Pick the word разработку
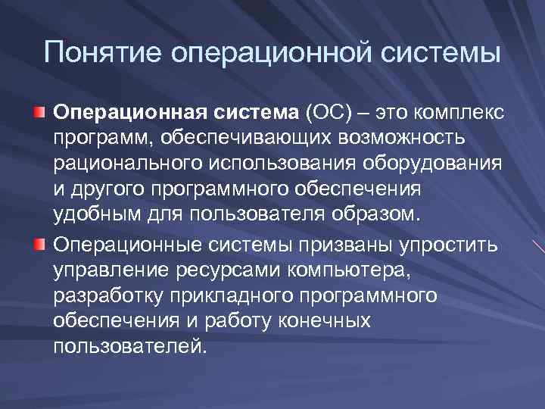[106, 295]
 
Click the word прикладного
[228, 295]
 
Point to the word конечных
[327, 320]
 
